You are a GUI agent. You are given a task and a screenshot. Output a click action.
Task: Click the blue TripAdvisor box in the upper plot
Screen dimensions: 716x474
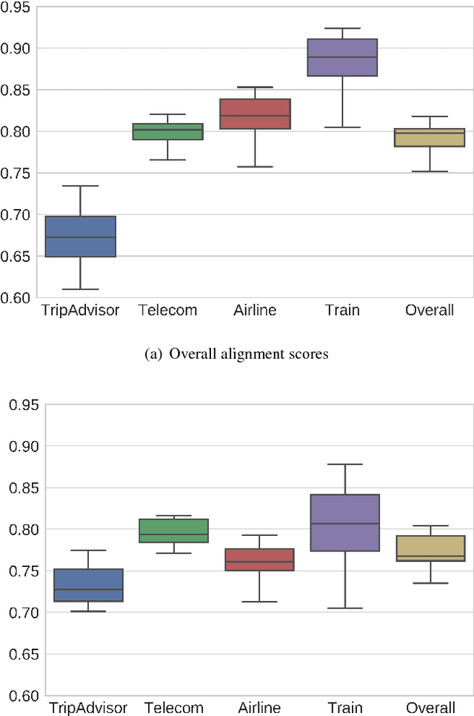click(x=81, y=236)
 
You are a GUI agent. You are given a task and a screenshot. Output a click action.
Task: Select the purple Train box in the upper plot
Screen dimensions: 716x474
click(x=342, y=57)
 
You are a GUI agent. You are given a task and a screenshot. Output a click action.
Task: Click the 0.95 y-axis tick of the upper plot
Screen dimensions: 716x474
click(x=19, y=7)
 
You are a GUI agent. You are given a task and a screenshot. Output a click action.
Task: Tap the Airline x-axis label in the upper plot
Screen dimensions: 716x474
click(x=254, y=311)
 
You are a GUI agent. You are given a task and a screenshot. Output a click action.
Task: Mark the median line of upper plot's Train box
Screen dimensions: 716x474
click(x=342, y=57)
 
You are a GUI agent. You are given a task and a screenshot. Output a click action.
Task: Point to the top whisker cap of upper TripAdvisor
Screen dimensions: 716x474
click(x=81, y=186)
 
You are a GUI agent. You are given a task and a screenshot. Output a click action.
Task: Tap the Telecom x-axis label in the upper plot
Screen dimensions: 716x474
click(x=167, y=311)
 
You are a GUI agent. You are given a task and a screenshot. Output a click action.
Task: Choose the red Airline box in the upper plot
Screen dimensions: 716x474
click(x=255, y=113)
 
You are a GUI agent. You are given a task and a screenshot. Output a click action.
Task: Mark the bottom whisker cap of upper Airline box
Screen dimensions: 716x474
click(x=255, y=167)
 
